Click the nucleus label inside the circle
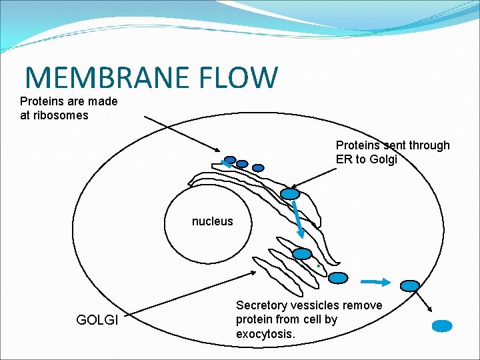(212, 221)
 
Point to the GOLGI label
(97, 320)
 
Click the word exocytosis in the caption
(265, 333)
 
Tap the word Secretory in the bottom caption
(262, 305)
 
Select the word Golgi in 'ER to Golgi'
(382, 159)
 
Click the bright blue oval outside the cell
(442, 326)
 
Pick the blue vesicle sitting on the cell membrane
(410, 285)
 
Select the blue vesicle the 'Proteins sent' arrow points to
(290, 194)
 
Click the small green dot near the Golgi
(319, 266)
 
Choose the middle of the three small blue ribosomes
(242, 163)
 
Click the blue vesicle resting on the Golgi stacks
(303, 254)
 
